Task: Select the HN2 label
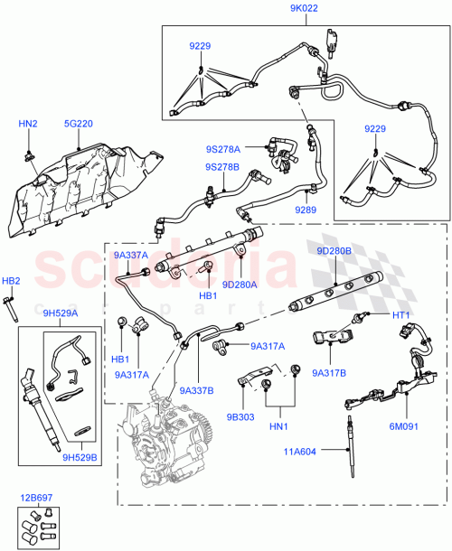coord(28,124)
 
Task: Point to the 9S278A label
coord(222,148)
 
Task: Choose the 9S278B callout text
coord(222,167)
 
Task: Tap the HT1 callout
coord(401,315)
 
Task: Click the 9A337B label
coord(194,390)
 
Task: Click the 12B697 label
coord(35,498)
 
